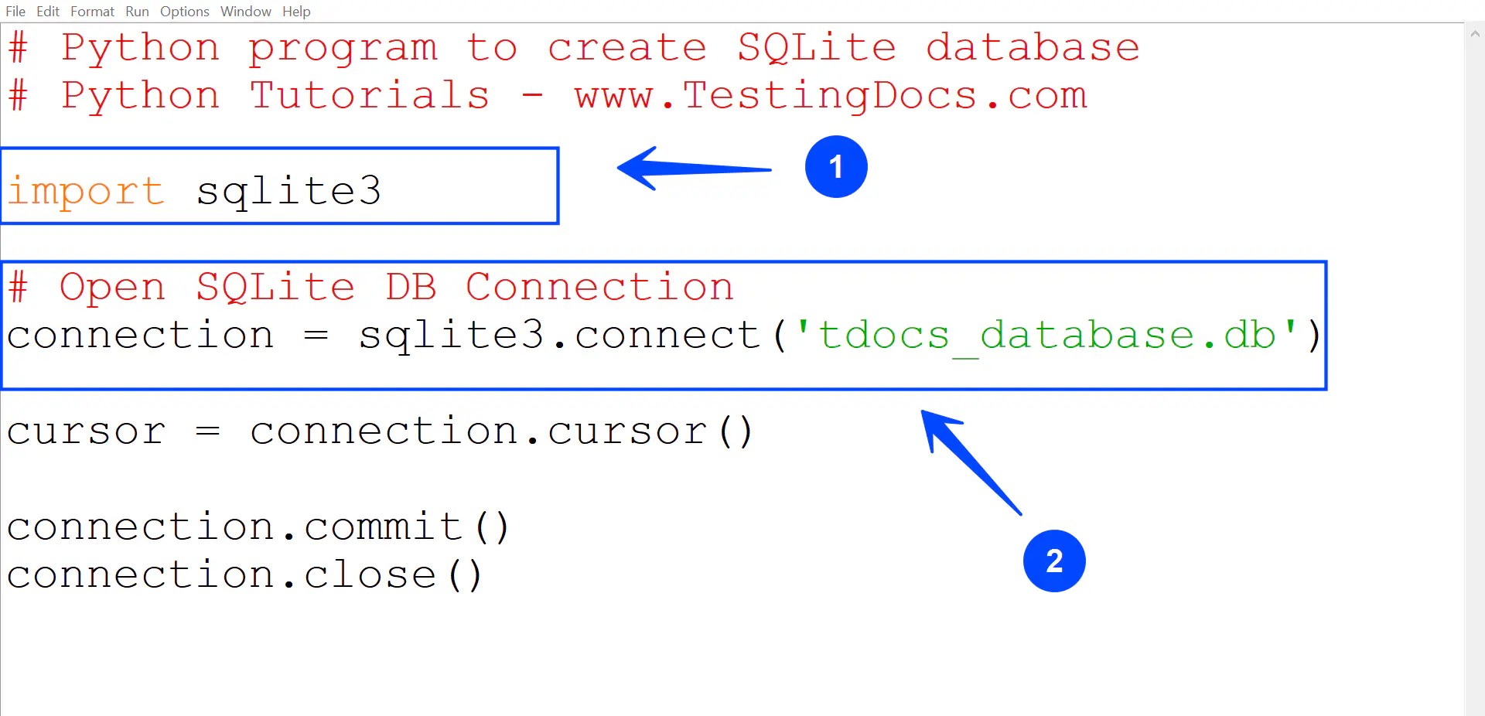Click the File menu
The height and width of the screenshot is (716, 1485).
click(15, 12)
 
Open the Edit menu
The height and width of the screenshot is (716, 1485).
click(48, 12)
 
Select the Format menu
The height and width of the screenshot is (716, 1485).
click(92, 12)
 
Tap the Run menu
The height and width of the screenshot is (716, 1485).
click(137, 12)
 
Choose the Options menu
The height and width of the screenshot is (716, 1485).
click(184, 12)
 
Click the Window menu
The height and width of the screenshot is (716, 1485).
click(245, 12)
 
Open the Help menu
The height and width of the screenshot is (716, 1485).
click(296, 12)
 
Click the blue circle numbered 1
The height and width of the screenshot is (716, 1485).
click(836, 167)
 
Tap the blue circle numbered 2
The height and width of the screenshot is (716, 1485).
click(1054, 561)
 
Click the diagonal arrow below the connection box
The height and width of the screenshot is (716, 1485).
click(971, 462)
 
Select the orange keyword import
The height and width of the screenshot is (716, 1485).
click(86, 191)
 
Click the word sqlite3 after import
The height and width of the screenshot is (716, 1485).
click(288, 191)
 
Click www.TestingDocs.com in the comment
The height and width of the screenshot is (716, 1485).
click(831, 96)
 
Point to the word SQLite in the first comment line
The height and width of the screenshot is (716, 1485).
click(817, 48)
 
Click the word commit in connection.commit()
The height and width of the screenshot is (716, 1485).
click(384, 527)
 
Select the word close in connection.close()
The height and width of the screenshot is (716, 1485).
click(370, 575)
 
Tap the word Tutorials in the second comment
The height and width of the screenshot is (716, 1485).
click(370, 96)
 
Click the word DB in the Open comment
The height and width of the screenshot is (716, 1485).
click(411, 288)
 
